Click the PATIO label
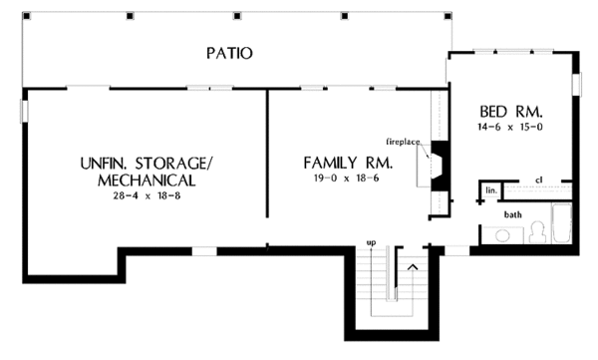[x=229, y=53]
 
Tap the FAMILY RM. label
[x=348, y=163]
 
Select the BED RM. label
[x=510, y=112]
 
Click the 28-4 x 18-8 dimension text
[x=147, y=196]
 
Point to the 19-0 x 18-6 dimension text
[x=346, y=179]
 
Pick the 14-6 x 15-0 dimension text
[x=510, y=127]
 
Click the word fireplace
[x=403, y=142]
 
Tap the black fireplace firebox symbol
[x=440, y=165]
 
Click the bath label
[x=513, y=214]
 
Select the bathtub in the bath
[x=562, y=223]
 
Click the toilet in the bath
[x=538, y=232]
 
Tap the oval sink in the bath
[x=502, y=235]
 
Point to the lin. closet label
[x=491, y=190]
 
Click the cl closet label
[x=539, y=180]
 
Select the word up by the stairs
[x=371, y=242]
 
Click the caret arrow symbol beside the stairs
[x=413, y=267]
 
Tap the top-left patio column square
[x=27, y=16]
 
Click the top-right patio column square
[x=448, y=16]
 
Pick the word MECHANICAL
[x=147, y=180]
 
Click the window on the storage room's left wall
[x=24, y=111]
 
